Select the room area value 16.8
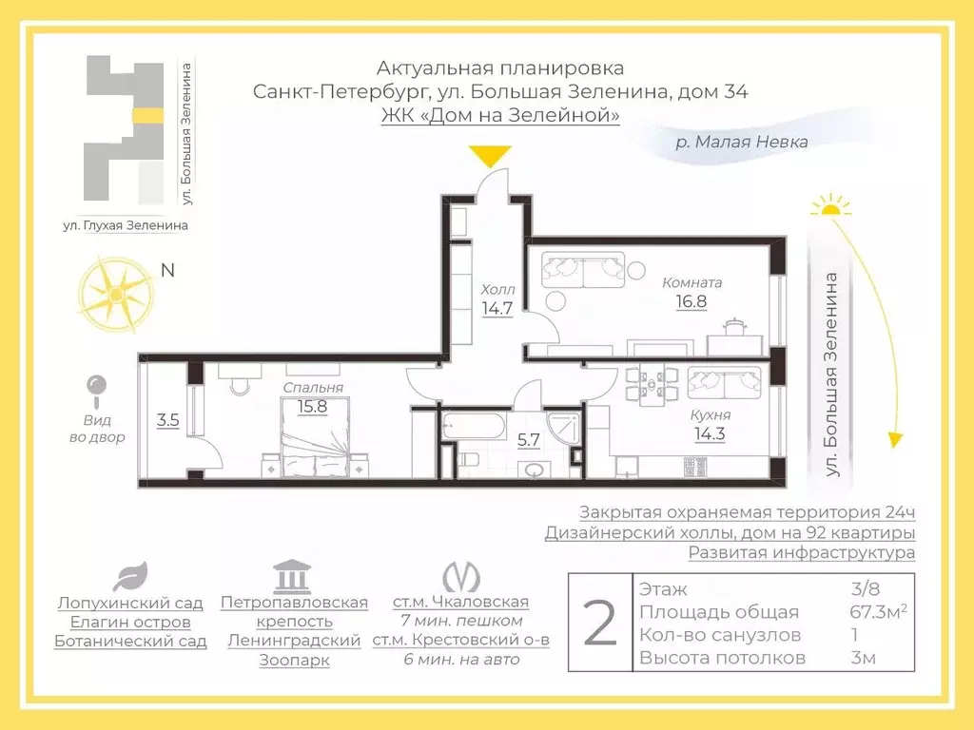(x=692, y=302)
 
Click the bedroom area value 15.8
(x=312, y=406)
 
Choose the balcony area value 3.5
(x=168, y=419)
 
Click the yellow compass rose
(x=115, y=296)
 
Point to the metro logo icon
(x=460, y=577)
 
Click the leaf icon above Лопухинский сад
(x=129, y=576)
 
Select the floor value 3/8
(x=862, y=589)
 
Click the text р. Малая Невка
(x=741, y=143)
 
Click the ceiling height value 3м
(x=863, y=658)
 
